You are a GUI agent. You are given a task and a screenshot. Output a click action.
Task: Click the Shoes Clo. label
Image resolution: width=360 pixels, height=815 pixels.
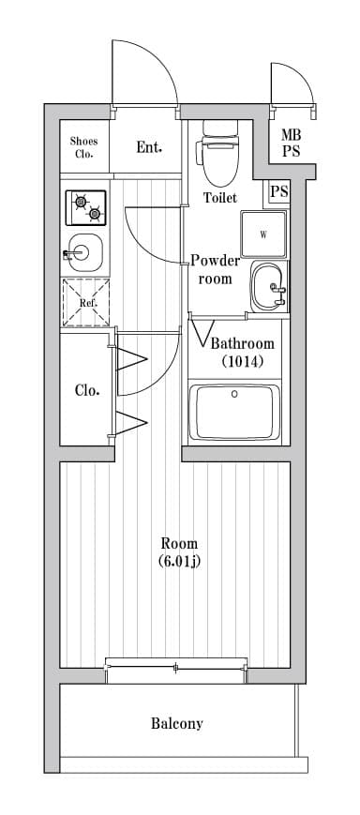click(x=83, y=147)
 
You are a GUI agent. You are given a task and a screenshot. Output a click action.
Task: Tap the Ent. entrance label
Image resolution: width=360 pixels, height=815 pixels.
click(x=149, y=147)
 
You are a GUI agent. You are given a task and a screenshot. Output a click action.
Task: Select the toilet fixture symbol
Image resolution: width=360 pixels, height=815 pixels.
click(x=218, y=152)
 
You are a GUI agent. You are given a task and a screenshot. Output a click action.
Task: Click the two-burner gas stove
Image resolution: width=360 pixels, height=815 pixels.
click(x=85, y=207)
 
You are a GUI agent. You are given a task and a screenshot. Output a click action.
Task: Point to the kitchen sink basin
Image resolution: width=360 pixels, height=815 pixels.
click(x=85, y=252)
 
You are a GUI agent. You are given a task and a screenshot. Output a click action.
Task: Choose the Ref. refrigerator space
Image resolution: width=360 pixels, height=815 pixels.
click(x=85, y=303)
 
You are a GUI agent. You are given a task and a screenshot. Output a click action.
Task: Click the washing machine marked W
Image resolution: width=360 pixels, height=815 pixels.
click(x=263, y=234)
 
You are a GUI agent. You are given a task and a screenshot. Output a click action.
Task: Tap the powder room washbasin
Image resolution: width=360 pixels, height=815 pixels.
click(x=268, y=286)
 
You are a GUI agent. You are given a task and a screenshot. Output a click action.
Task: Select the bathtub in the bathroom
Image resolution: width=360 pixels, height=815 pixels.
click(x=234, y=412)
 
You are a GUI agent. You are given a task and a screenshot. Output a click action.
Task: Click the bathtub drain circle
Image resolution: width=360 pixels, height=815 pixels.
click(x=234, y=394)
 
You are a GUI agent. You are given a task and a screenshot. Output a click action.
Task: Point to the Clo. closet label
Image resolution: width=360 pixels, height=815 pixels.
click(x=87, y=390)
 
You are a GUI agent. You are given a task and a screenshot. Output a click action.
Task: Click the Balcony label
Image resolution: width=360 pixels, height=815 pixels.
click(x=176, y=723)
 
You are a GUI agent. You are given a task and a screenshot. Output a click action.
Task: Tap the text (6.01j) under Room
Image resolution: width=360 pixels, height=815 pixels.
click(x=179, y=562)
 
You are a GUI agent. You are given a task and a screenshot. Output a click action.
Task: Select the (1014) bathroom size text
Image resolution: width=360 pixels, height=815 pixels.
click(x=243, y=361)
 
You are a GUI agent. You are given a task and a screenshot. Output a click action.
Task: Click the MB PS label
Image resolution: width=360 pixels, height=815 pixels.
click(x=291, y=143)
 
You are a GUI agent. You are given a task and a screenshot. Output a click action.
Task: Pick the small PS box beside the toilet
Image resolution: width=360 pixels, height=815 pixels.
click(x=279, y=191)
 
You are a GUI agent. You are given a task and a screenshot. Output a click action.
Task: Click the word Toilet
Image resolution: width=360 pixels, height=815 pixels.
click(x=220, y=198)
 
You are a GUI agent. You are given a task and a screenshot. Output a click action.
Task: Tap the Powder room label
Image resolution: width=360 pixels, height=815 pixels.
click(x=215, y=270)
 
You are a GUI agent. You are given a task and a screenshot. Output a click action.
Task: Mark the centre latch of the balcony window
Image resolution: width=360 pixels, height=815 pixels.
click(x=175, y=668)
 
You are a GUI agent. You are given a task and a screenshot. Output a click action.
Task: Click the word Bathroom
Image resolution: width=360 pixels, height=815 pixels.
click(x=242, y=343)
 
